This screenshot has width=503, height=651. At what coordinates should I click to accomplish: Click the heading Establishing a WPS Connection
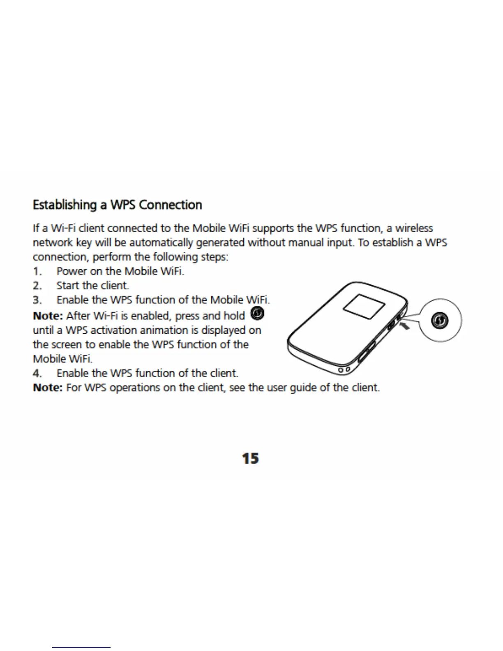pos(117,205)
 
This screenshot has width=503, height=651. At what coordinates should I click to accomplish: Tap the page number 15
pos(250,458)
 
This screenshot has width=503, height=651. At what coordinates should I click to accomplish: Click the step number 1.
pos(37,272)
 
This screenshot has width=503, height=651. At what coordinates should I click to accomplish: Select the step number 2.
pos(37,286)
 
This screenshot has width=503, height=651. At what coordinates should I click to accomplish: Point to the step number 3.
pos(37,300)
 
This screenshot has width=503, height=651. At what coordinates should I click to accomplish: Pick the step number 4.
pos(37,374)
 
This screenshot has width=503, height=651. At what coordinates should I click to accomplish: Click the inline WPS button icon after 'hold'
pos(257,314)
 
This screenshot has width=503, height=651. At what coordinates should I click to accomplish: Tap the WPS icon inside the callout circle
pos(441,321)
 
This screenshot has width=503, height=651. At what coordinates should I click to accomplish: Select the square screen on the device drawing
pos(364,308)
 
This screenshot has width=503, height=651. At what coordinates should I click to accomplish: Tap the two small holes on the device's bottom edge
pos(344,370)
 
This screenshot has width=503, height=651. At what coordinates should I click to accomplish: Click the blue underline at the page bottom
pos(81,647)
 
